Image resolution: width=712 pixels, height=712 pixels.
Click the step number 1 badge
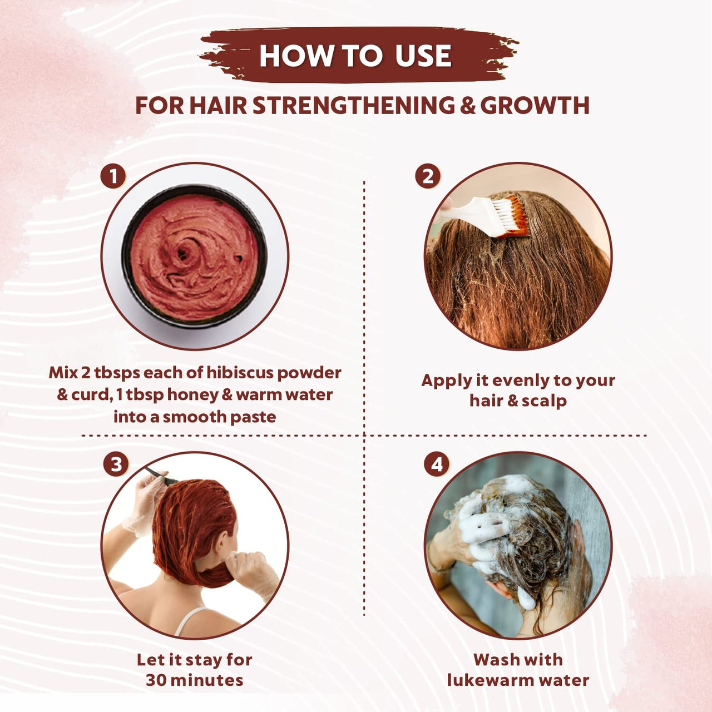[x=113, y=177]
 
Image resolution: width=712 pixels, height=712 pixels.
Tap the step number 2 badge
[x=427, y=176]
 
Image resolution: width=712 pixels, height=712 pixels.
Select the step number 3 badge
[x=116, y=464]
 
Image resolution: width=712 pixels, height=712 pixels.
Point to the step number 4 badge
[x=437, y=464]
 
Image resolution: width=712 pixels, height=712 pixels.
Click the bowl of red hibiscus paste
[x=195, y=256]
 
